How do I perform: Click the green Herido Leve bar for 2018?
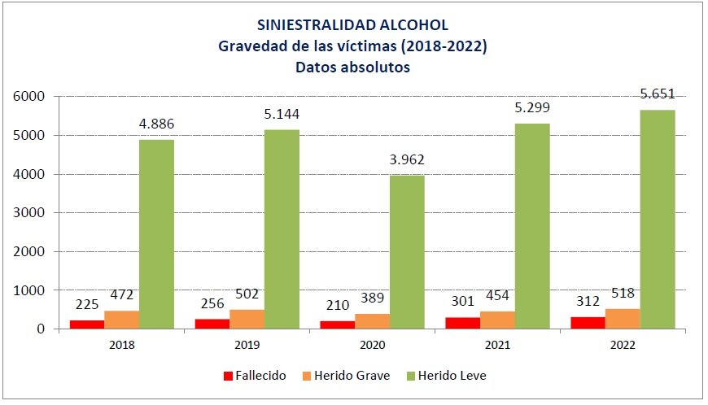point(156,234)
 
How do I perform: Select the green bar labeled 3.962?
point(407,252)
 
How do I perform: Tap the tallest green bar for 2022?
point(657,220)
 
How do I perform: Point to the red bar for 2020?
point(336,324)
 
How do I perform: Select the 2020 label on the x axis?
point(371,344)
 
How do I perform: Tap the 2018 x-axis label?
point(121,344)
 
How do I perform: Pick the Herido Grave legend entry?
point(347,376)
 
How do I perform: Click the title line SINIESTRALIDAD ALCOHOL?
point(352,25)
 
